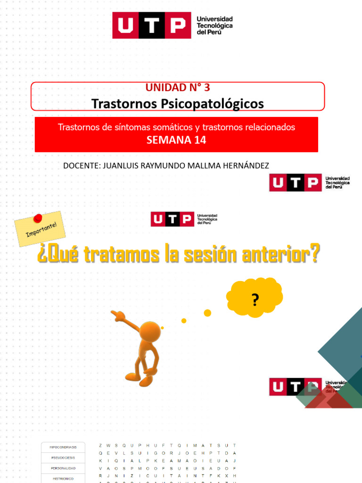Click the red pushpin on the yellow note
click(x=38, y=218)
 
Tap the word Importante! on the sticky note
click(x=41, y=231)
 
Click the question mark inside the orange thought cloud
click(x=255, y=300)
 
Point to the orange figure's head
click(x=150, y=331)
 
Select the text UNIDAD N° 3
click(x=178, y=87)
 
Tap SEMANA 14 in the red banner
click(x=176, y=140)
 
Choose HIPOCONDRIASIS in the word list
click(x=63, y=446)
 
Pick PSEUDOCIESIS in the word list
click(x=63, y=457)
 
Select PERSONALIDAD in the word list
click(x=63, y=468)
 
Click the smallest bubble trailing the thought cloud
click(x=162, y=327)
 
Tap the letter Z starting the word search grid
click(x=100, y=445)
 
